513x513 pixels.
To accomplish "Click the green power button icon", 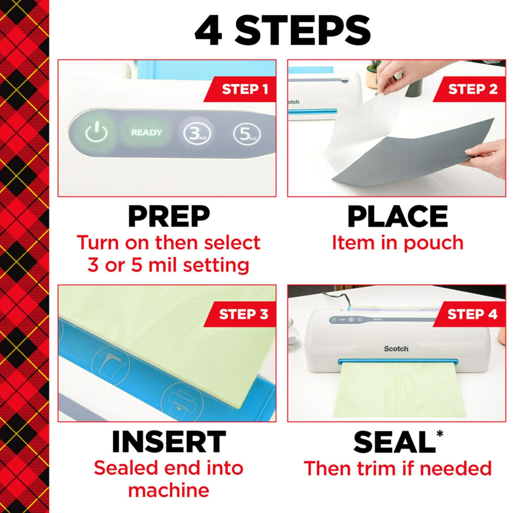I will (x=96, y=132).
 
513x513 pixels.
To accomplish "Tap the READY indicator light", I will (x=146, y=132).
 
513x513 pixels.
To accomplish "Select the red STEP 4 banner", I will (x=471, y=314).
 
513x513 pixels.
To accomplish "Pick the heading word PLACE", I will (x=397, y=216).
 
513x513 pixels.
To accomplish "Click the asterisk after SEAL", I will (x=440, y=434).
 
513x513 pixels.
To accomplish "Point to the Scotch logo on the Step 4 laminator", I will (x=396, y=349).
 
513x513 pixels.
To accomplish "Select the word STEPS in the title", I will (x=303, y=31).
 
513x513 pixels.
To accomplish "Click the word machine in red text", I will (x=168, y=490).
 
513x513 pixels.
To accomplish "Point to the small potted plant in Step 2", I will (x=373, y=73).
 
